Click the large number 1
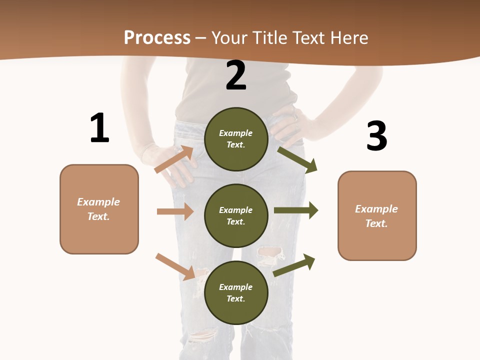click(99, 128)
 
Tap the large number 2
click(236, 75)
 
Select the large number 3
click(376, 136)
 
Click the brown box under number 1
click(99, 209)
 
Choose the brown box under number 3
click(377, 216)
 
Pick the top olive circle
click(236, 139)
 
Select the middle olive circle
click(236, 216)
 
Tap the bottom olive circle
click(236, 293)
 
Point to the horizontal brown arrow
click(175, 211)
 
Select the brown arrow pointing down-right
click(175, 266)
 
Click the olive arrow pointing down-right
click(297, 159)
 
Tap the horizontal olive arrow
click(296, 210)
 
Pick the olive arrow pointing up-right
click(294, 265)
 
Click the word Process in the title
click(157, 37)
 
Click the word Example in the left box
click(98, 202)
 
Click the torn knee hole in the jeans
click(270, 255)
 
